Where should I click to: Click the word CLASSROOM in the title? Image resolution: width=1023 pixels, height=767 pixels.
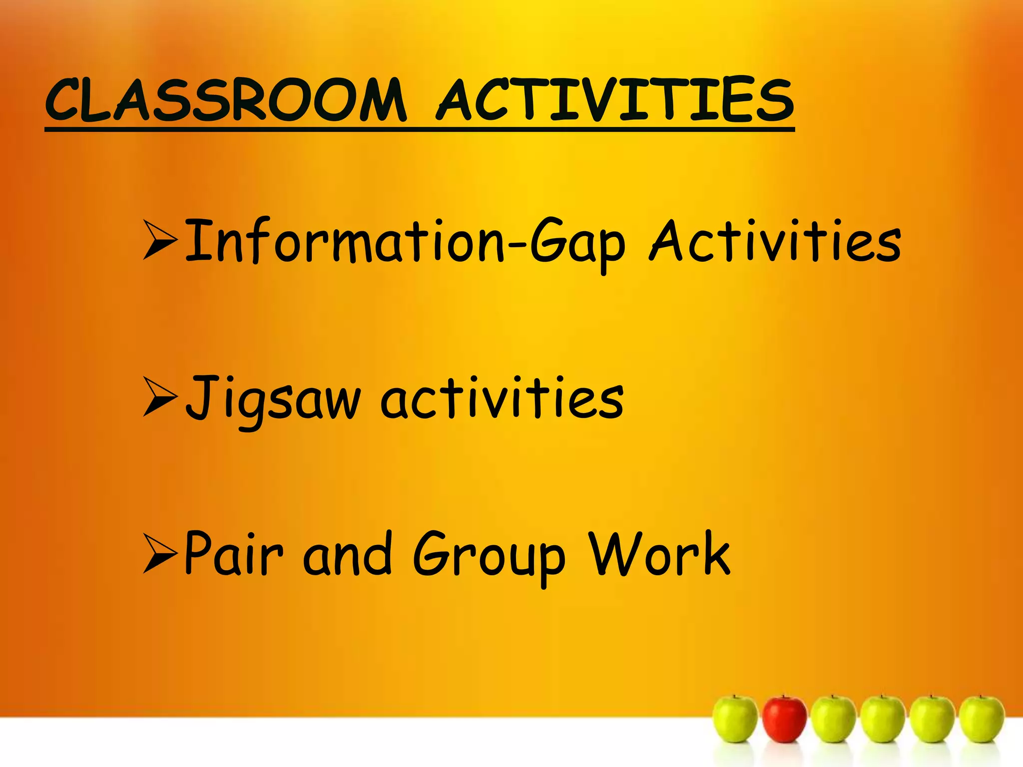click(226, 101)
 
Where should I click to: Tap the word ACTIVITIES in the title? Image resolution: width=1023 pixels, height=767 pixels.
click(615, 101)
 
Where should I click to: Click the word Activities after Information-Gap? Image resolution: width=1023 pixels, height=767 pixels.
click(775, 242)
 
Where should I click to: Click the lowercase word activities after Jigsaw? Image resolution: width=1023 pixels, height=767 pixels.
click(502, 399)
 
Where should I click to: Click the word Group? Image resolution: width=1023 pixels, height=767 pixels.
click(490, 557)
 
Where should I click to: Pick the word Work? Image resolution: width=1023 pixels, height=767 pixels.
click(659, 554)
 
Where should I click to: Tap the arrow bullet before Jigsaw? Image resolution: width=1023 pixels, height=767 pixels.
click(160, 397)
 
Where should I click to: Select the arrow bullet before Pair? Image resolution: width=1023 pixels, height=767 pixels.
click(160, 553)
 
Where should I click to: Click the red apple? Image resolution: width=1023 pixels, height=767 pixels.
click(784, 719)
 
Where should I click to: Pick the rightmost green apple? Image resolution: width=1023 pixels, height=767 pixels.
click(982, 719)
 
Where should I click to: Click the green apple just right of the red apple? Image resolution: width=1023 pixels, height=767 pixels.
click(833, 719)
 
